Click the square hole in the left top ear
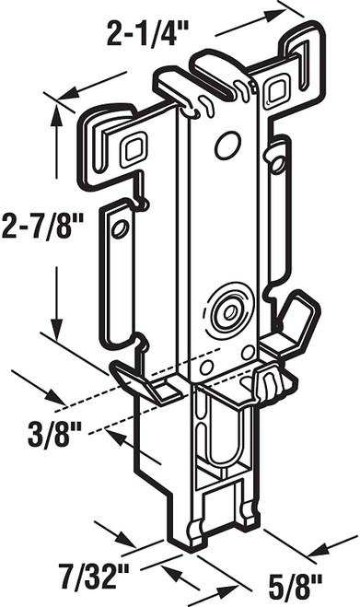pyautogui.click(x=135, y=146)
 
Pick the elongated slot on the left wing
pyautogui.click(x=117, y=249)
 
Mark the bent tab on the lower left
pyautogui.click(x=136, y=383)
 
